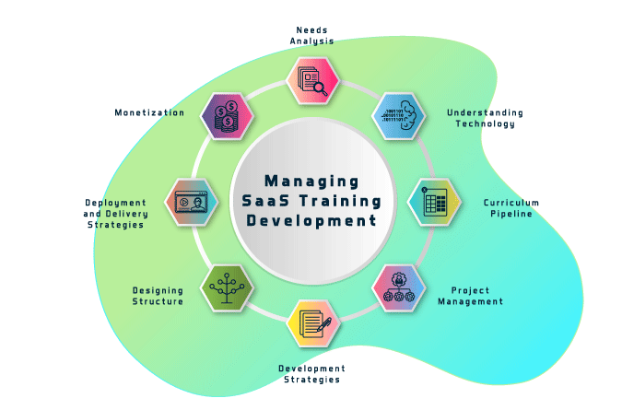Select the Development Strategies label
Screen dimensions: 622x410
[x=311, y=373]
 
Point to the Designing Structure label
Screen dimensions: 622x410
[x=158, y=295]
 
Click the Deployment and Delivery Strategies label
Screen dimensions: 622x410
[x=115, y=213]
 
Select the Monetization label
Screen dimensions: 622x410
[x=149, y=112]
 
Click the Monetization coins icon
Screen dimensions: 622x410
[x=227, y=116]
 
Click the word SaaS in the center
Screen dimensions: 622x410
[x=262, y=201]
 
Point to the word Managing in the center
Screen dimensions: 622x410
[x=311, y=181]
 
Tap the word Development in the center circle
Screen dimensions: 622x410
[x=311, y=221]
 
